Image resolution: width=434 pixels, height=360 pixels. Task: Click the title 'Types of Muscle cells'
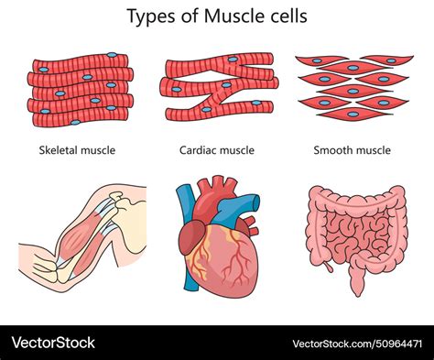[x=216, y=16]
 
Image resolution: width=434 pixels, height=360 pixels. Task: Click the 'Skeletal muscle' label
[x=78, y=149]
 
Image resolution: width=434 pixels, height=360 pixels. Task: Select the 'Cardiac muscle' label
[x=217, y=149]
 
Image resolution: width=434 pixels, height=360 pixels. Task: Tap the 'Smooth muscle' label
[x=352, y=149]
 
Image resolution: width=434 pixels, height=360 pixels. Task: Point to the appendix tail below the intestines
[x=358, y=286]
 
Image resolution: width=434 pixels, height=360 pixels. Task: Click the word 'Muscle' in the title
[x=233, y=16]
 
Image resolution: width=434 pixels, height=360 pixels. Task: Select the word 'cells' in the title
[x=288, y=16]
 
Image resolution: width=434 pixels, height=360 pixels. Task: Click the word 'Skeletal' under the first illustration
[x=60, y=149]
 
